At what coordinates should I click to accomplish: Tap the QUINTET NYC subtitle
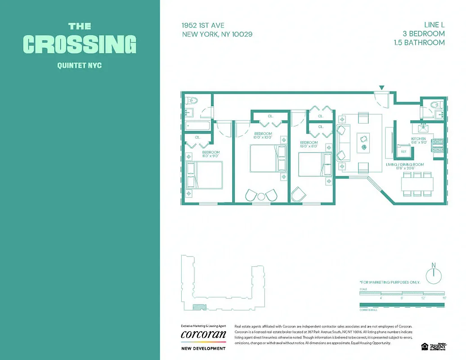coord(80,66)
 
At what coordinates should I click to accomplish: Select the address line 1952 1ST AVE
coord(203,25)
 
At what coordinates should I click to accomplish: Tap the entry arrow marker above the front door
coord(382,87)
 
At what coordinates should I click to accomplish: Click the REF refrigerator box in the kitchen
coord(403,151)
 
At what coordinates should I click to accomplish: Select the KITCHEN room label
coord(418,139)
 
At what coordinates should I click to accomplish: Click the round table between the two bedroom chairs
coord(261,196)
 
